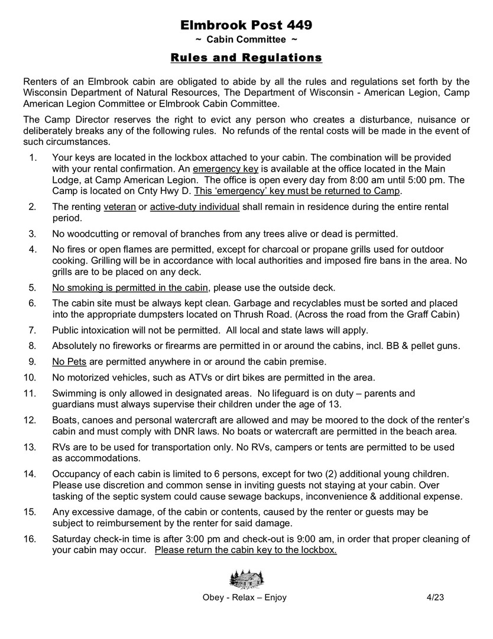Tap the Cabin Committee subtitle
[246, 40]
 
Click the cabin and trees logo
[246, 577]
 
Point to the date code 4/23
[435, 598]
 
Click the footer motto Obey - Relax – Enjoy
[245, 598]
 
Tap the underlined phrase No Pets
[66, 361]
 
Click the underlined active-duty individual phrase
[194, 206]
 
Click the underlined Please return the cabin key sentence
[246, 550]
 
